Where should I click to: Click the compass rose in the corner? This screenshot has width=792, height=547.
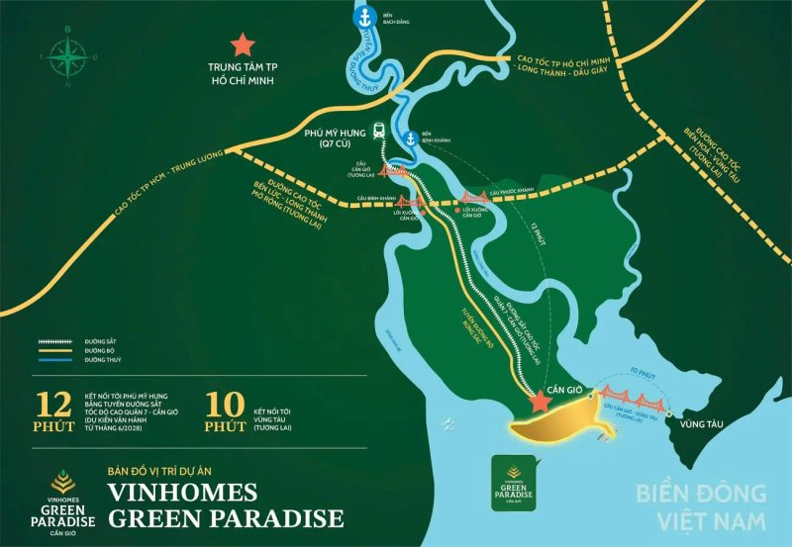pyautogui.click(x=67, y=58)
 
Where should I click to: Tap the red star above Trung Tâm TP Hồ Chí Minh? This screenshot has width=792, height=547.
pyautogui.click(x=240, y=45)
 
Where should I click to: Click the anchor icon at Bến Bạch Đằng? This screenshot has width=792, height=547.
pyautogui.click(x=364, y=17)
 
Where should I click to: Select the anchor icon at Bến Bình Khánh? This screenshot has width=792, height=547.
pyautogui.click(x=409, y=138)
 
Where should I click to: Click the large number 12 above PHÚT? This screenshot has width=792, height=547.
pyautogui.click(x=51, y=405)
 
